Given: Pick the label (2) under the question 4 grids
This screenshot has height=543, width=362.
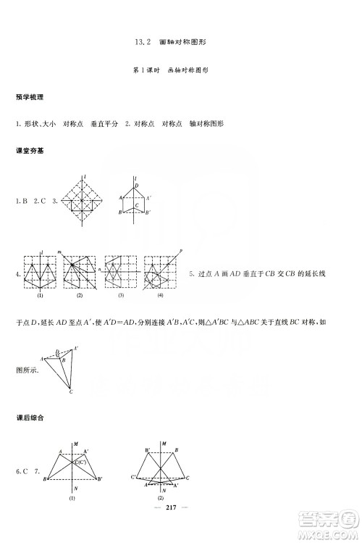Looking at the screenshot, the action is point(80,296).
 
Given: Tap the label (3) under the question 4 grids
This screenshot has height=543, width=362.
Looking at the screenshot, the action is point(121,296).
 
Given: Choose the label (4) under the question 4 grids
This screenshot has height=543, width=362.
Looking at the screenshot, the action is point(160,296).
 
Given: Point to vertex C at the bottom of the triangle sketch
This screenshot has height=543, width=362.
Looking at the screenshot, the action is point(71,391).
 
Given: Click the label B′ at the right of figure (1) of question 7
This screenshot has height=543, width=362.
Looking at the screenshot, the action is point(100,479).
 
